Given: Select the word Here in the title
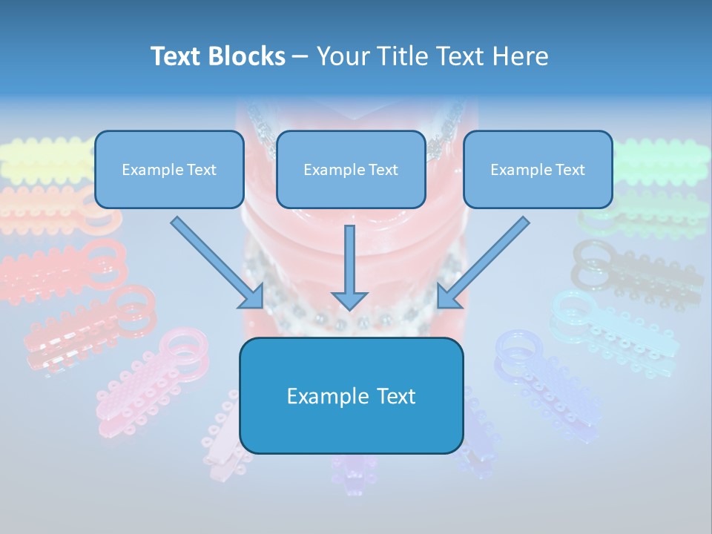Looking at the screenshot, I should (521, 56).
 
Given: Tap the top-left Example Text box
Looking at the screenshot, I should (169, 170).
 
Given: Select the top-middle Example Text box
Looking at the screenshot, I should (351, 170).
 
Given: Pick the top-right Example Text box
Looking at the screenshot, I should (538, 170).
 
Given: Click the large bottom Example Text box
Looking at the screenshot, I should (351, 396).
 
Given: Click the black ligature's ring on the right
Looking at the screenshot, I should (592, 256).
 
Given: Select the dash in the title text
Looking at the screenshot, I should (300, 56).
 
